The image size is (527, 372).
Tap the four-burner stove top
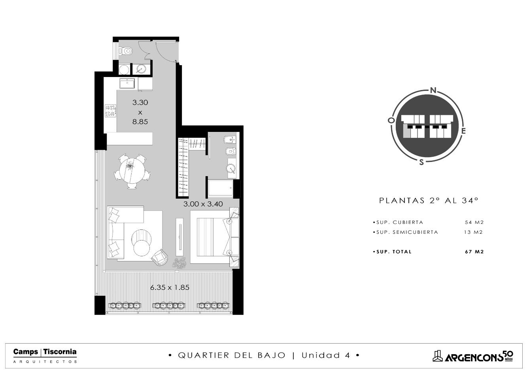pos(110,111)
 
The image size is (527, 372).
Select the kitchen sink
pos(127,83)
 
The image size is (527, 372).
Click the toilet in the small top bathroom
pos(126,51)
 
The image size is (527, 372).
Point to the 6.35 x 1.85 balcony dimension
pos(170,287)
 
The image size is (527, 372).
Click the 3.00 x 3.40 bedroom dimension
pos(203,204)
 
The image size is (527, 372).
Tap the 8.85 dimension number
pos(140,122)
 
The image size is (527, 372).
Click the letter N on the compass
pos(433,90)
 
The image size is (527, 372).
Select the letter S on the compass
pos(421,162)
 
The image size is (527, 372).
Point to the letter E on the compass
pos(463,131)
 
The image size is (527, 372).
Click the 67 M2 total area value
pos(474,252)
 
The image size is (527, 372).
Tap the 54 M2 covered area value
pos(474,222)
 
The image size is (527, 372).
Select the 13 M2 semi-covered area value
pos(473,232)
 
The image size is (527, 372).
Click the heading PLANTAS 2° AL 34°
pos(429,200)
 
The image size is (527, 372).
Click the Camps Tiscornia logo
pos(45,355)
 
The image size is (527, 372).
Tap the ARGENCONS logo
pos(473,357)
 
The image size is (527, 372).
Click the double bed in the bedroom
pos(214,237)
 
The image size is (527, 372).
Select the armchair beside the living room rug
pos(159,257)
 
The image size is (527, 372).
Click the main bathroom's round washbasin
pos(231,168)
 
